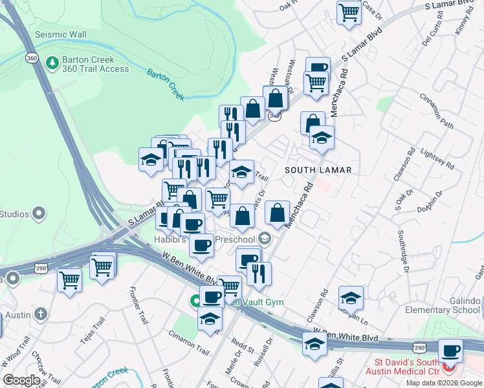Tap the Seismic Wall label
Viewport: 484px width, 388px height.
coord(60,34)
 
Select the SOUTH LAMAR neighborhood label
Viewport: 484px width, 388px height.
coord(319,170)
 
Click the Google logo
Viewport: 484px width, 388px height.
coord(21,380)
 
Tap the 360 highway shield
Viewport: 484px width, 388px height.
coord(32,58)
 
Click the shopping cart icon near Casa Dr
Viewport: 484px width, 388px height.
coord(349,12)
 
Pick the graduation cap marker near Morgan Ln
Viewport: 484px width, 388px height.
coord(351,298)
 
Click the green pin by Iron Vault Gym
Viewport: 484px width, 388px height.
coord(195,301)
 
